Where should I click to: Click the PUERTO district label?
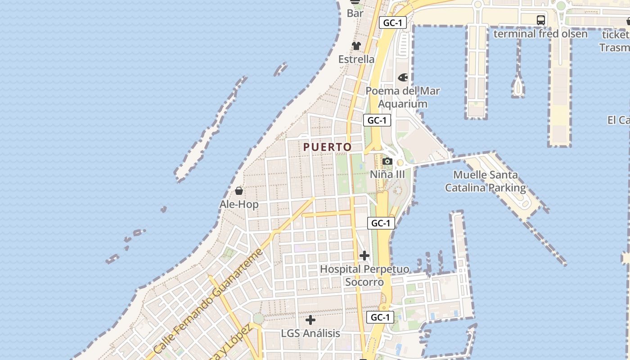click(x=327, y=147)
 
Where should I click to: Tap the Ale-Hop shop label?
click(x=239, y=204)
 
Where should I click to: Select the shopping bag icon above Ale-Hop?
click(x=239, y=191)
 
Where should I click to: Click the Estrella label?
click(x=356, y=59)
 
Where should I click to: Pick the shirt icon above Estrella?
click(x=356, y=46)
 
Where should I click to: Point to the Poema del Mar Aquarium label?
click(x=402, y=97)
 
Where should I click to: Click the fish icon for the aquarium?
click(x=403, y=77)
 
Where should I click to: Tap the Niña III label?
click(x=387, y=175)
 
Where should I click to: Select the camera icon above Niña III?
click(x=387, y=162)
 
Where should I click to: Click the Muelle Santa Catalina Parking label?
click(x=486, y=181)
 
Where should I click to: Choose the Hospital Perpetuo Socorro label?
click(x=364, y=275)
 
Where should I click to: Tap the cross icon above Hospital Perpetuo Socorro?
click(x=364, y=256)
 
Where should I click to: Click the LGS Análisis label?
click(x=310, y=333)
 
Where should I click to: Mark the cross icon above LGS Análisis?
click(x=310, y=320)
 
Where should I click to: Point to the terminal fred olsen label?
click(x=540, y=34)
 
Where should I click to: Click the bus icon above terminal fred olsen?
click(x=541, y=20)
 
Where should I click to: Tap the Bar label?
click(x=355, y=13)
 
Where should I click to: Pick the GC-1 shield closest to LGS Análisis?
click(x=380, y=317)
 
